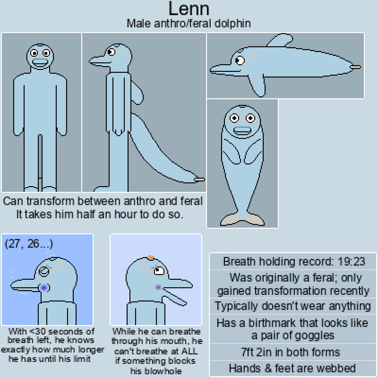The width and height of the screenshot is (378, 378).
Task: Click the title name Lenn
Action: pyautogui.click(x=189, y=9)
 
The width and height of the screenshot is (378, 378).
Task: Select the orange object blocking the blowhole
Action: pyautogui.click(x=151, y=257)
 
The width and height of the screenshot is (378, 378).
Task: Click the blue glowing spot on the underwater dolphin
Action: pyautogui.click(x=44, y=288)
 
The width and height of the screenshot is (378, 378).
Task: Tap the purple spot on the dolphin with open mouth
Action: pyautogui.click(x=158, y=287)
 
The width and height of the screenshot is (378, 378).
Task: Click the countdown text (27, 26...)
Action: pyautogui.click(x=29, y=244)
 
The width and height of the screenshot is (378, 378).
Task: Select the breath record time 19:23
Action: pyautogui.click(x=351, y=261)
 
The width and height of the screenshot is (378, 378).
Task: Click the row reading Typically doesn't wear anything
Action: pyautogui.click(x=293, y=306)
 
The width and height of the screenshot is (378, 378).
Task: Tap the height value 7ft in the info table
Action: pyautogui.click(x=248, y=352)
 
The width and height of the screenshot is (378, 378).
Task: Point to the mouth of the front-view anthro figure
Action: pyautogui.click(x=40, y=62)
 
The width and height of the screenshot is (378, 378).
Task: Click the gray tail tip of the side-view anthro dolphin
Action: pyautogui.click(x=199, y=180)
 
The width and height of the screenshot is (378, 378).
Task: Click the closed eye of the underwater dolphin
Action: pyautogui.click(x=44, y=271)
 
